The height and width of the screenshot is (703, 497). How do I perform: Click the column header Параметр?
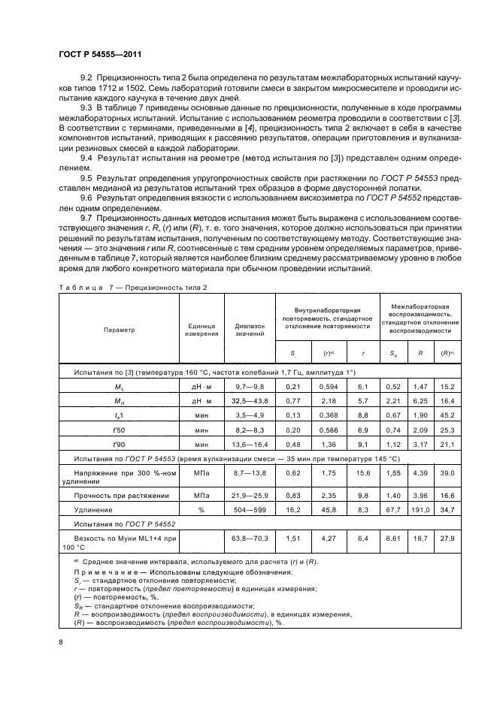[x=120, y=330]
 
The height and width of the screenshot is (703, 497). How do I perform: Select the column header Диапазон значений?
[x=249, y=330]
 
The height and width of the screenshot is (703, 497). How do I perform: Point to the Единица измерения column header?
[x=201, y=330]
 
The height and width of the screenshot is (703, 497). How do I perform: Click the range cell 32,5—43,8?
[x=249, y=402]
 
